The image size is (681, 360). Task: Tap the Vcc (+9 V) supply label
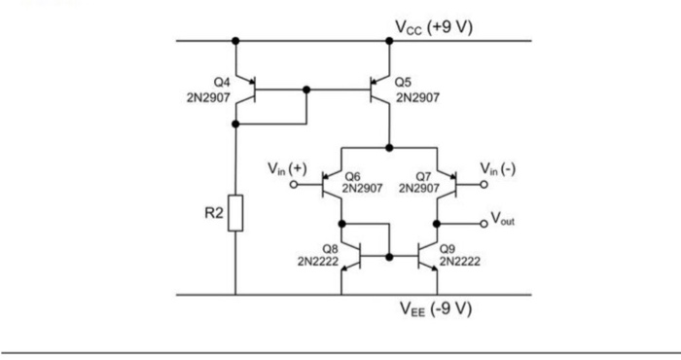(x=433, y=26)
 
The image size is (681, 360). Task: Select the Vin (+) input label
(x=287, y=170)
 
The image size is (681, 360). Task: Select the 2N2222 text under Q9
(x=459, y=261)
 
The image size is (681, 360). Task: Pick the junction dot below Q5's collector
(x=389, y=147)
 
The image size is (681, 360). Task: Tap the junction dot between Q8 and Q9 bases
(x=389, y=257)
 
